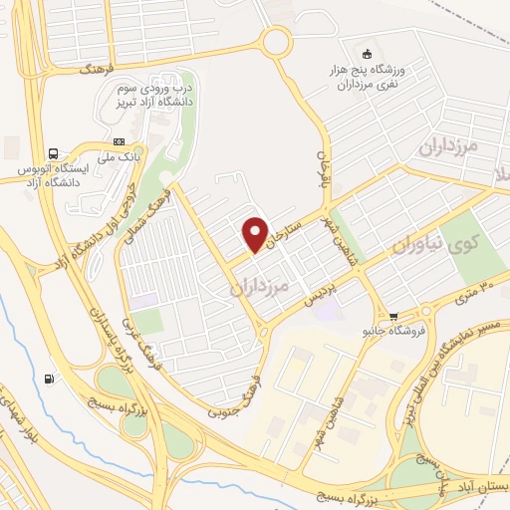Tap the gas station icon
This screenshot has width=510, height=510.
(x=50, y=379)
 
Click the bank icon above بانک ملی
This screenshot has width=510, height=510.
(x=120, y=140)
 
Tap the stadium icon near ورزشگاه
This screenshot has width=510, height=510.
(x=369, y=54)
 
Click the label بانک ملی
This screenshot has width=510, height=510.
(x=119, y=156)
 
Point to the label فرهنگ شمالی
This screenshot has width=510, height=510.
(x=159, y=209)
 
